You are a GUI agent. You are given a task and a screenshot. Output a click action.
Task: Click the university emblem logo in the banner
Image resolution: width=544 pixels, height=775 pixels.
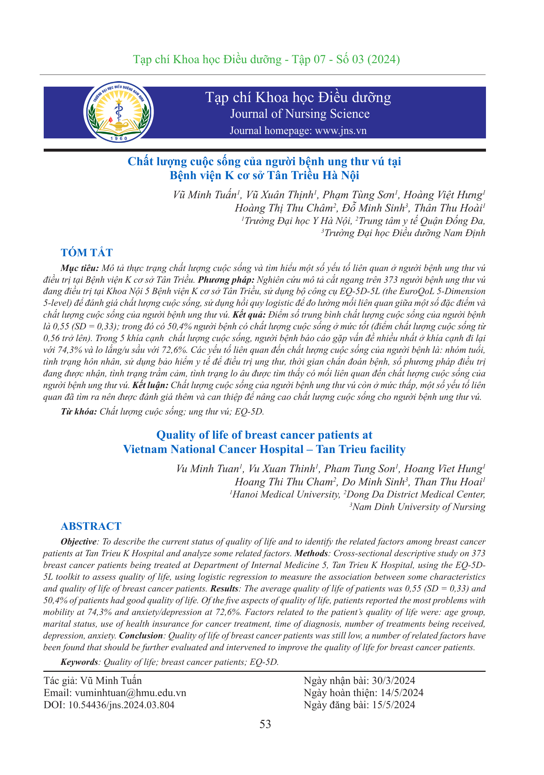click(118, 112)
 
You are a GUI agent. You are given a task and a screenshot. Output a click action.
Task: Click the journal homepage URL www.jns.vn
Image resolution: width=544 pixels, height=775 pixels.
click(341, 131)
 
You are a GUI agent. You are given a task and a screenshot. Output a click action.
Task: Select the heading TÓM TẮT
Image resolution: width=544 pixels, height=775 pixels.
click(87, 253)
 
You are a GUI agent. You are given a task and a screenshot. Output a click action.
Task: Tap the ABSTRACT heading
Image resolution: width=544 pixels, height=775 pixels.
click(91, 526)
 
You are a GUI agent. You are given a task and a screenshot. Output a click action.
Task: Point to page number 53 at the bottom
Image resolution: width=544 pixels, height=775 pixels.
click(265, 724)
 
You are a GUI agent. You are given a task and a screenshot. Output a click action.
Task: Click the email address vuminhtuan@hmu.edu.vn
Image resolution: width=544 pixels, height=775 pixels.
click(130, 693)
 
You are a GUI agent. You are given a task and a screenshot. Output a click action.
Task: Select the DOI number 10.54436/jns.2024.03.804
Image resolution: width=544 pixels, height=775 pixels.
click(121, 705)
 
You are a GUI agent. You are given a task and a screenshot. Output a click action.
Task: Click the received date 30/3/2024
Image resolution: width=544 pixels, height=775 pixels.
click(393, 681)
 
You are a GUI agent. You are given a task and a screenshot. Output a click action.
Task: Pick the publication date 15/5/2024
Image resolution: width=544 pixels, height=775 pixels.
click(393, 705)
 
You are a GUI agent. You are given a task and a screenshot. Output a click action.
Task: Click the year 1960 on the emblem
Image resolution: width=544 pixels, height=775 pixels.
click(118, 138)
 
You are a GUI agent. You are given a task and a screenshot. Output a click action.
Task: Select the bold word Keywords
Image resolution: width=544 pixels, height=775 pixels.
click(79, 662)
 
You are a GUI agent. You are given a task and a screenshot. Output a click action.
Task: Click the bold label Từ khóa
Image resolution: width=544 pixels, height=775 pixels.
click(79, 412)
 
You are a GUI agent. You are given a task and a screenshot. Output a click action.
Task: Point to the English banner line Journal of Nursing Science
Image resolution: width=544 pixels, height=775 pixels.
click(300, 114)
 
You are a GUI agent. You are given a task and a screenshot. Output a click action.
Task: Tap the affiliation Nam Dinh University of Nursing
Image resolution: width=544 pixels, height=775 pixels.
click(418, 507)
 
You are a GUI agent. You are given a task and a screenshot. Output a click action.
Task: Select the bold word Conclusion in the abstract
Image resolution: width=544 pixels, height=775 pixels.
click(141, 635)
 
